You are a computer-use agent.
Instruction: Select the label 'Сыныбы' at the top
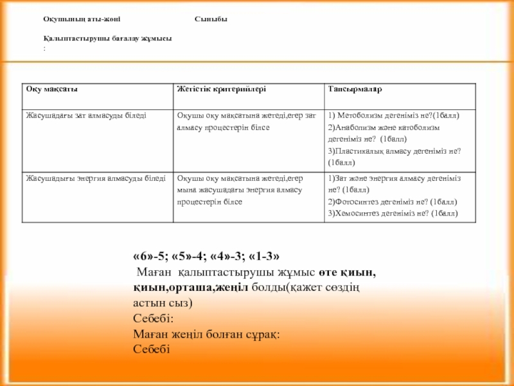pyautogui.click(x=211, y=19)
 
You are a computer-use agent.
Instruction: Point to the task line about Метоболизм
pyautogui.click(x=393, y=116)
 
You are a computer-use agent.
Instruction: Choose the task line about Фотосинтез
pyautogui.click(x=392, y=201)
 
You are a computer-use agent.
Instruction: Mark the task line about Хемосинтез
pyautogui.click(x=393, y=212)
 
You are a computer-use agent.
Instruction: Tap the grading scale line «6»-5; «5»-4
pyautogui.click(x=206, y=255)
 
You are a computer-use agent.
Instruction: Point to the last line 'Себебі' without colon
pyautogui.click(x=152, y=349)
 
